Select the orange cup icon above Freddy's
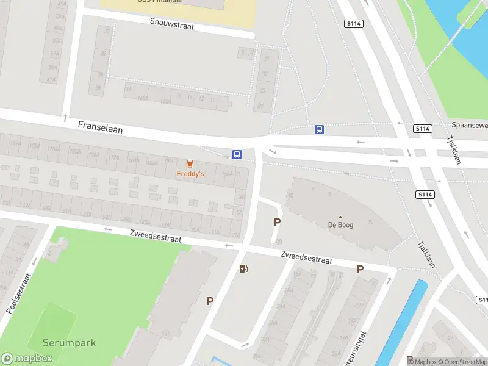tap(190, 164)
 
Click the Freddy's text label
tap(190, 174)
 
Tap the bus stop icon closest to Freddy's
tap(237, 155)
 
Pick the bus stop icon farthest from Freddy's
tap(319, 129)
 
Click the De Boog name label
tap(340, 224)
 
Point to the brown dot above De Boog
tap(340, 217)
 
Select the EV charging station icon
tap(244, 268)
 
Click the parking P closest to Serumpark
tap(210, 301)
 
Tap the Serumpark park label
tap(69, 343)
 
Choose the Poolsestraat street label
tap(19, 293)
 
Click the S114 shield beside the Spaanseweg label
tap(423, 129)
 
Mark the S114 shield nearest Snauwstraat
tap(353, 24)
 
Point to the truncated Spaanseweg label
tap(469, 125)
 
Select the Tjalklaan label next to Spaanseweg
tap(455, 150)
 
